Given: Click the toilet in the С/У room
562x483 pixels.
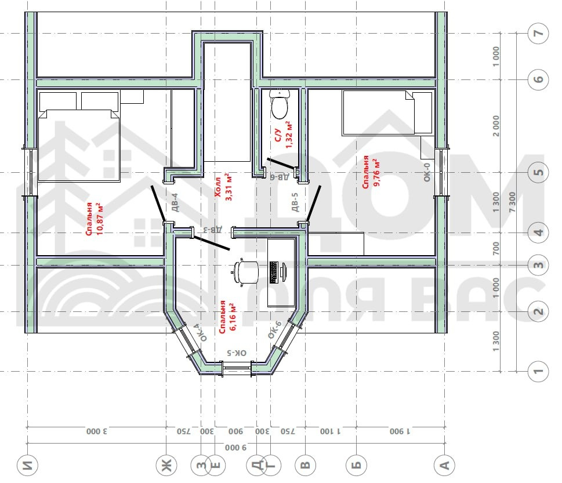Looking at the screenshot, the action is click(x=280, y=104).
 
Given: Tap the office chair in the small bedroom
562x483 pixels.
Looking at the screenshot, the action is click(x=246, y=271).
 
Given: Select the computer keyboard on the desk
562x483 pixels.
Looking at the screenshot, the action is click(x=274, y=273).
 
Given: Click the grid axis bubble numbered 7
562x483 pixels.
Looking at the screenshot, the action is click(x=538, y=33).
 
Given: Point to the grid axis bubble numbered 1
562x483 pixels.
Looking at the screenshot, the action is click(x=538, y=371).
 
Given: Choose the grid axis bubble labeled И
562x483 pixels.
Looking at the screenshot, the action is click(x=27, y=466).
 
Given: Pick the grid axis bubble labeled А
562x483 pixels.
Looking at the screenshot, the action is click(x=444, y=466).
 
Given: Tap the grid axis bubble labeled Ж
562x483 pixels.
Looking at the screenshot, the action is click(x=166, y=466).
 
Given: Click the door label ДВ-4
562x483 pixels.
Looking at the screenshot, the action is click(x=175, y=202).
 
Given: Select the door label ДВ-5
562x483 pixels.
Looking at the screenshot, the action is click(x=295, y=202).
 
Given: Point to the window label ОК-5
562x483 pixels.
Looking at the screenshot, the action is click(x=237, y=353).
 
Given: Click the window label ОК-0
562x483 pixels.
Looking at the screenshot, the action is click(x=426, y=172).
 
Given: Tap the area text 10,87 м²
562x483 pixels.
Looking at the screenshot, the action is click(x=100, y=219).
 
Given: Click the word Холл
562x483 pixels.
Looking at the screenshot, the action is click(x=217, y=187).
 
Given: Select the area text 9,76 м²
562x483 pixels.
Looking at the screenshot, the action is click(x=377, y=173).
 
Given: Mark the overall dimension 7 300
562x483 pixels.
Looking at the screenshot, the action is click(x=512, y=202).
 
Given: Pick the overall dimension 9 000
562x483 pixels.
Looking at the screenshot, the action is click(x=236, y=448).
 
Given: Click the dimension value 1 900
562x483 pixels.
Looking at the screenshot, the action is click(x=400, y=431).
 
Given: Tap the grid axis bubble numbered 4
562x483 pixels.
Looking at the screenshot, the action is click(x=538, y=233).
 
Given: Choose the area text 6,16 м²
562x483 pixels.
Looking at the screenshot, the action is click(x=232, y=317).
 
